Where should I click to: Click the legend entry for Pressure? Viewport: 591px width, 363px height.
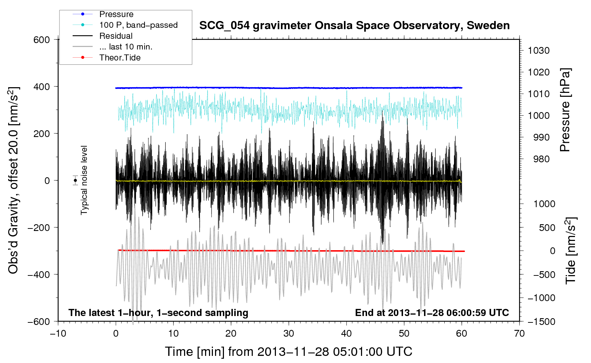tap(116, 14)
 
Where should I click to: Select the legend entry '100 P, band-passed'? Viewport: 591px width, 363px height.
tap(138, 25)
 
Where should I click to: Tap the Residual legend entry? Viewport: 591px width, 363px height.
tap(116, 36)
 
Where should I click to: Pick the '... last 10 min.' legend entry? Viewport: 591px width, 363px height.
tap(126, 47)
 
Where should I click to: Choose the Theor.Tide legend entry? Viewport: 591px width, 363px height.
tap(120, 58)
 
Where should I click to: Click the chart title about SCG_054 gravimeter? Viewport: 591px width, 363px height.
tap(354, 26)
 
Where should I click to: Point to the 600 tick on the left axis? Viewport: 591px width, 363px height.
tap(42, 40)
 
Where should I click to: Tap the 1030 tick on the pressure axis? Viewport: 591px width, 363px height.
tap(538, 51)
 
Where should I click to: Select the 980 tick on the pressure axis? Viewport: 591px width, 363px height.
tap(541, 159)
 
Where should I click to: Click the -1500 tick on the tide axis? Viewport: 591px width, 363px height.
tap(541, 321)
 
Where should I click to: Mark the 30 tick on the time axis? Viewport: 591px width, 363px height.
tap(289, 333)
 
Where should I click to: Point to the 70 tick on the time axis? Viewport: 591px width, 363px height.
tap(519, 333)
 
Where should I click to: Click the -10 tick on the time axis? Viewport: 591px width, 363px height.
tap(58, 333)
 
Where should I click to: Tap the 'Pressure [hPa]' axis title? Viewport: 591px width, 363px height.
tap(565, 110)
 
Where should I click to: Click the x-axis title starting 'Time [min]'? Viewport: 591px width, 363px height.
tap(288, 352)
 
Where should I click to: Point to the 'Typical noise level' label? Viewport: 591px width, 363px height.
tap(84, 180)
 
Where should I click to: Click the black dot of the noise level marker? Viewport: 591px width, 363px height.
tap(75, 180)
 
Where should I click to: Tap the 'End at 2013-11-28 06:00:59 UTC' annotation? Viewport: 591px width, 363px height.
tap(432, 312)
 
